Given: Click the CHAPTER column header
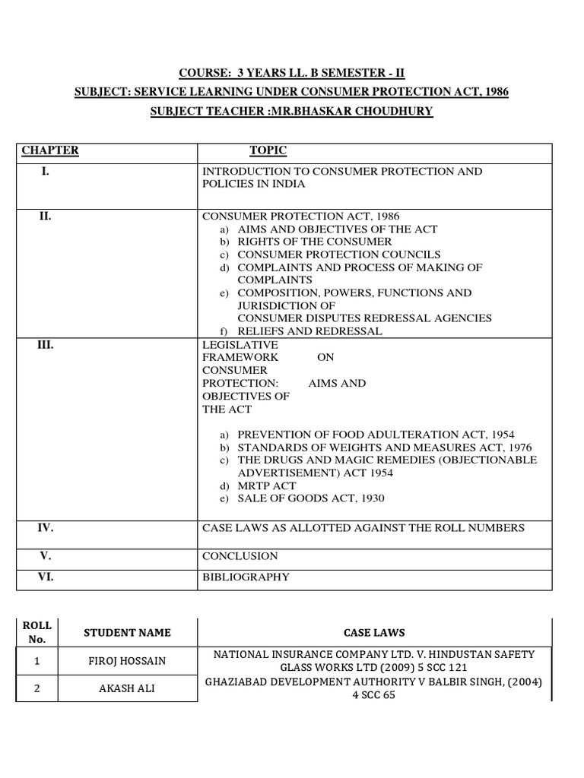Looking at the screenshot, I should click(50, 150).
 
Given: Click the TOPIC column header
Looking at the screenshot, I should click(268, 150).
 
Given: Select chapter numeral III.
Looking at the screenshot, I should click(46, 345).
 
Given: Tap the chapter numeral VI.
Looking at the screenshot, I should click(46, 577).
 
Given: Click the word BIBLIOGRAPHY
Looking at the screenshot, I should click(246, 577).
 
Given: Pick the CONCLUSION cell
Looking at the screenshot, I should click(240, 556).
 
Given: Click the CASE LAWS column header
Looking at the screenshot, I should click(373, 632).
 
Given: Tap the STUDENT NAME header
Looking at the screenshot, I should click(127, 632).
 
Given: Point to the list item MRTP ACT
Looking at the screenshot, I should click(267, 486).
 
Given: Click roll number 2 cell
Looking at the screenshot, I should click(36, 689).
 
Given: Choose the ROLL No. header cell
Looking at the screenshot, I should click(36, 632).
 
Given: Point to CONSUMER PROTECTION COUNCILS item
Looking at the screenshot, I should click(338, 255).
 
